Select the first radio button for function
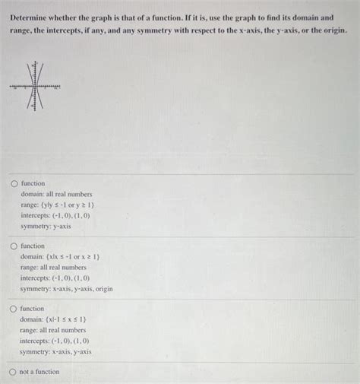pos(14,184)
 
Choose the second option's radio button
pos(14,246)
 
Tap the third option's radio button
pos(14,309)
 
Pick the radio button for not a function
pos(14,372)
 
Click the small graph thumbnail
pos(34,87)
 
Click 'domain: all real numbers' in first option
pos(56,195)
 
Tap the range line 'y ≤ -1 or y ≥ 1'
pos(58,205)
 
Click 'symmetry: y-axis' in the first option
pos(46,227)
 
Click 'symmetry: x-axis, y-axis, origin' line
pos(67,289)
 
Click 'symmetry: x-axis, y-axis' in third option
pos(56,351)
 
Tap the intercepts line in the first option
pos(56,216)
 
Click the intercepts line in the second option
pos(56,278)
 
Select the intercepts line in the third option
pos(56,341)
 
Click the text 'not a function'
pos(39,372)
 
